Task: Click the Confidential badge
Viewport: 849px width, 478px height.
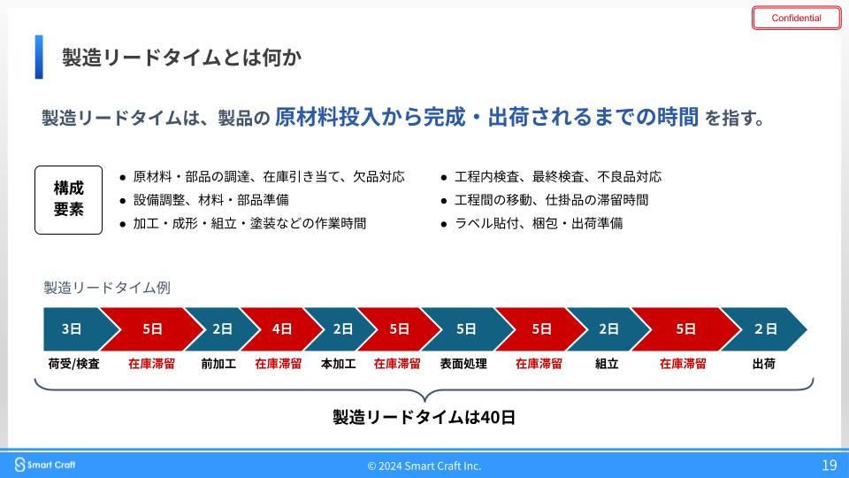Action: click(796, 18)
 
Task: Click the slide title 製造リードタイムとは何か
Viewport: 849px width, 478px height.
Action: click(181, 58)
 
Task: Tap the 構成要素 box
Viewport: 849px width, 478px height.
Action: click(68, 199)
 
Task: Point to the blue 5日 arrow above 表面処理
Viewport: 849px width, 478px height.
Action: click(466, 329)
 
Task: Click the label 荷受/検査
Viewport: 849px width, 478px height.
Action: click(73, 364)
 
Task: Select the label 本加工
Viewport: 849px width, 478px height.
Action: click(339, 364)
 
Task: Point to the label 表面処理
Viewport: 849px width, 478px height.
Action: click(463, 364)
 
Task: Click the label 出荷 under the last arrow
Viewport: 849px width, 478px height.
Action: click(763, 364)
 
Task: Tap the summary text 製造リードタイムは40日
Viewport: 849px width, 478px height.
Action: click(424, 417)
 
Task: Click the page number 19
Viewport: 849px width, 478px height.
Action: click(830, 465)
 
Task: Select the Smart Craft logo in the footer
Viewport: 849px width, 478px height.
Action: click(45, 465)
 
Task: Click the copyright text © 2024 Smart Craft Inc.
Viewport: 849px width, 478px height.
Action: click(424, 466)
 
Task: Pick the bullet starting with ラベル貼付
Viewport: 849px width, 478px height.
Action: click(532, 223)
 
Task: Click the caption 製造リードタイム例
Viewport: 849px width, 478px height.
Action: click(107, 287)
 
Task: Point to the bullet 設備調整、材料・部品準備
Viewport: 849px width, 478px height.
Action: click(204, 200)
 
